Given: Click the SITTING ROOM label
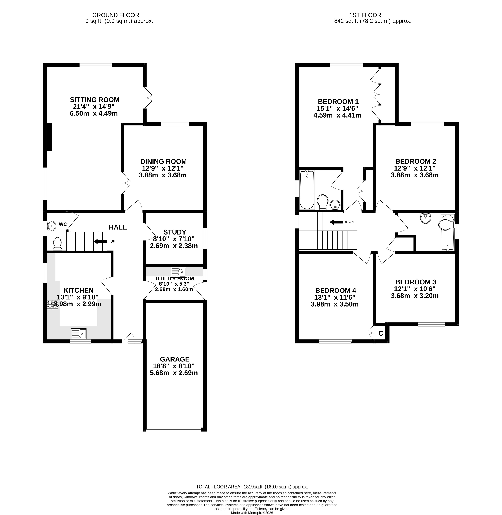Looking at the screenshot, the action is [x=95, y=100].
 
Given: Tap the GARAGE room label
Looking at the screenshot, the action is [x=175, y=359].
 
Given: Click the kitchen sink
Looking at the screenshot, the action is [x=79, y=334].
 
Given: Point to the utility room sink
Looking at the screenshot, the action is [x=178, y=272].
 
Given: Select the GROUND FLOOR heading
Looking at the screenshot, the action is [x=116, y=15].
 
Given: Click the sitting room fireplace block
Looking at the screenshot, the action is [x=49, y=137].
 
